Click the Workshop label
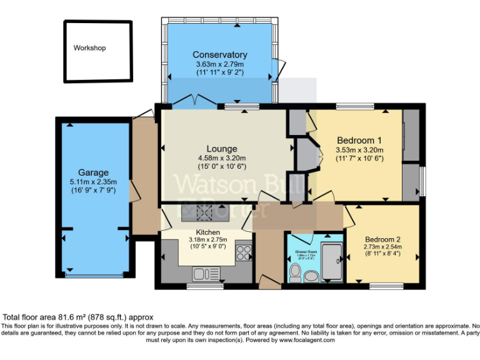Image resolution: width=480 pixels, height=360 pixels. (x=90, y=48)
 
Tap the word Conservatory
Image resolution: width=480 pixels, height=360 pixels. (x=219, y=55)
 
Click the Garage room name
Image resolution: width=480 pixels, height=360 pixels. (x=93, y=172)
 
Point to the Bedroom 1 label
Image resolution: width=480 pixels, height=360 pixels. (x=359, y=140)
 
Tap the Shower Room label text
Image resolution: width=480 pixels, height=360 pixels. (x=306, y=251)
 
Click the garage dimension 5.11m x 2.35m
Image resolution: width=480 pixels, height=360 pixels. (x=92, y=182)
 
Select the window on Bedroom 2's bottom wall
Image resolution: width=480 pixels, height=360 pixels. (x=385, y=286)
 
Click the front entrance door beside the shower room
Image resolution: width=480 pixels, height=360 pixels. (x=269, y=282)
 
